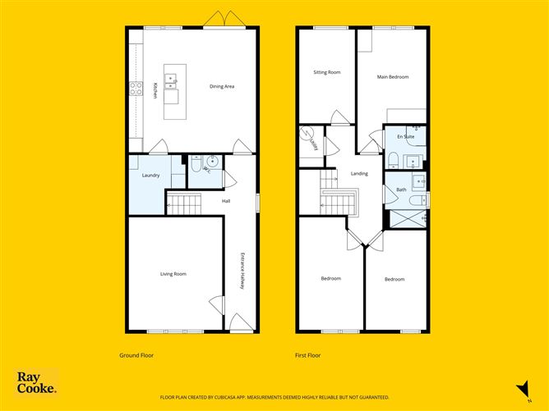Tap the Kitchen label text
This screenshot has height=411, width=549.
(x=155, y=89)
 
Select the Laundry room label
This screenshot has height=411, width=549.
(x=150, y=176)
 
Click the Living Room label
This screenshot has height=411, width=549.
(x=173, y=273)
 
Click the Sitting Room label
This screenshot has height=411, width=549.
(x=327, y=72)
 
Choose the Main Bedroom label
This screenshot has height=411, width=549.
(x=393, y=77)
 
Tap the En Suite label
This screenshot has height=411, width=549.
(x=405, y=135)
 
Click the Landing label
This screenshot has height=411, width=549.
(x=359, y=173)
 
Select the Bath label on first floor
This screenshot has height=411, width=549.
(x=401, y=190)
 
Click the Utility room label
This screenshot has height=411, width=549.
(x=314, y=144)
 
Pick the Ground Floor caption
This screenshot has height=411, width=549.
(x=136, y=355)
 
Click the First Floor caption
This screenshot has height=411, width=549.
(x=308, y=355)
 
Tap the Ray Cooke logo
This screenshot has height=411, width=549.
(x=37, y=383)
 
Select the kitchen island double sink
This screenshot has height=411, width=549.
(x=173, y=80)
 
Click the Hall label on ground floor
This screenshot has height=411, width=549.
(x=224, y=201)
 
